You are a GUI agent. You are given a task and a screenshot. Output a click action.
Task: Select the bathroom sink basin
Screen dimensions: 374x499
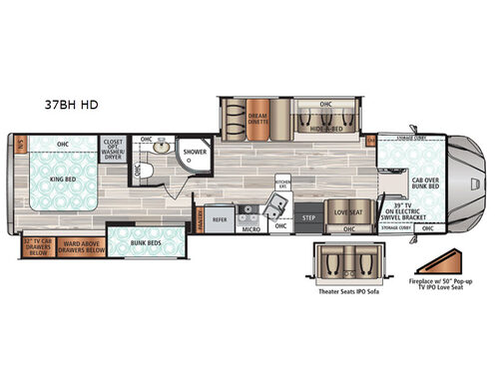pos(164,148)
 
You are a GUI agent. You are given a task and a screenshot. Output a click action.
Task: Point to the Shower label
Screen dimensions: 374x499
pos(195,154)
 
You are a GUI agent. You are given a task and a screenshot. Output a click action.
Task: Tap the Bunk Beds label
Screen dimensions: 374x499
pos(146,240)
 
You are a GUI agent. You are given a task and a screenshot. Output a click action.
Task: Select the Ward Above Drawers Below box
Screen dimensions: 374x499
pos(82,244)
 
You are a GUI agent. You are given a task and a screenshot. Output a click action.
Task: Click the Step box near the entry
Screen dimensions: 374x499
pos(309,216)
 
